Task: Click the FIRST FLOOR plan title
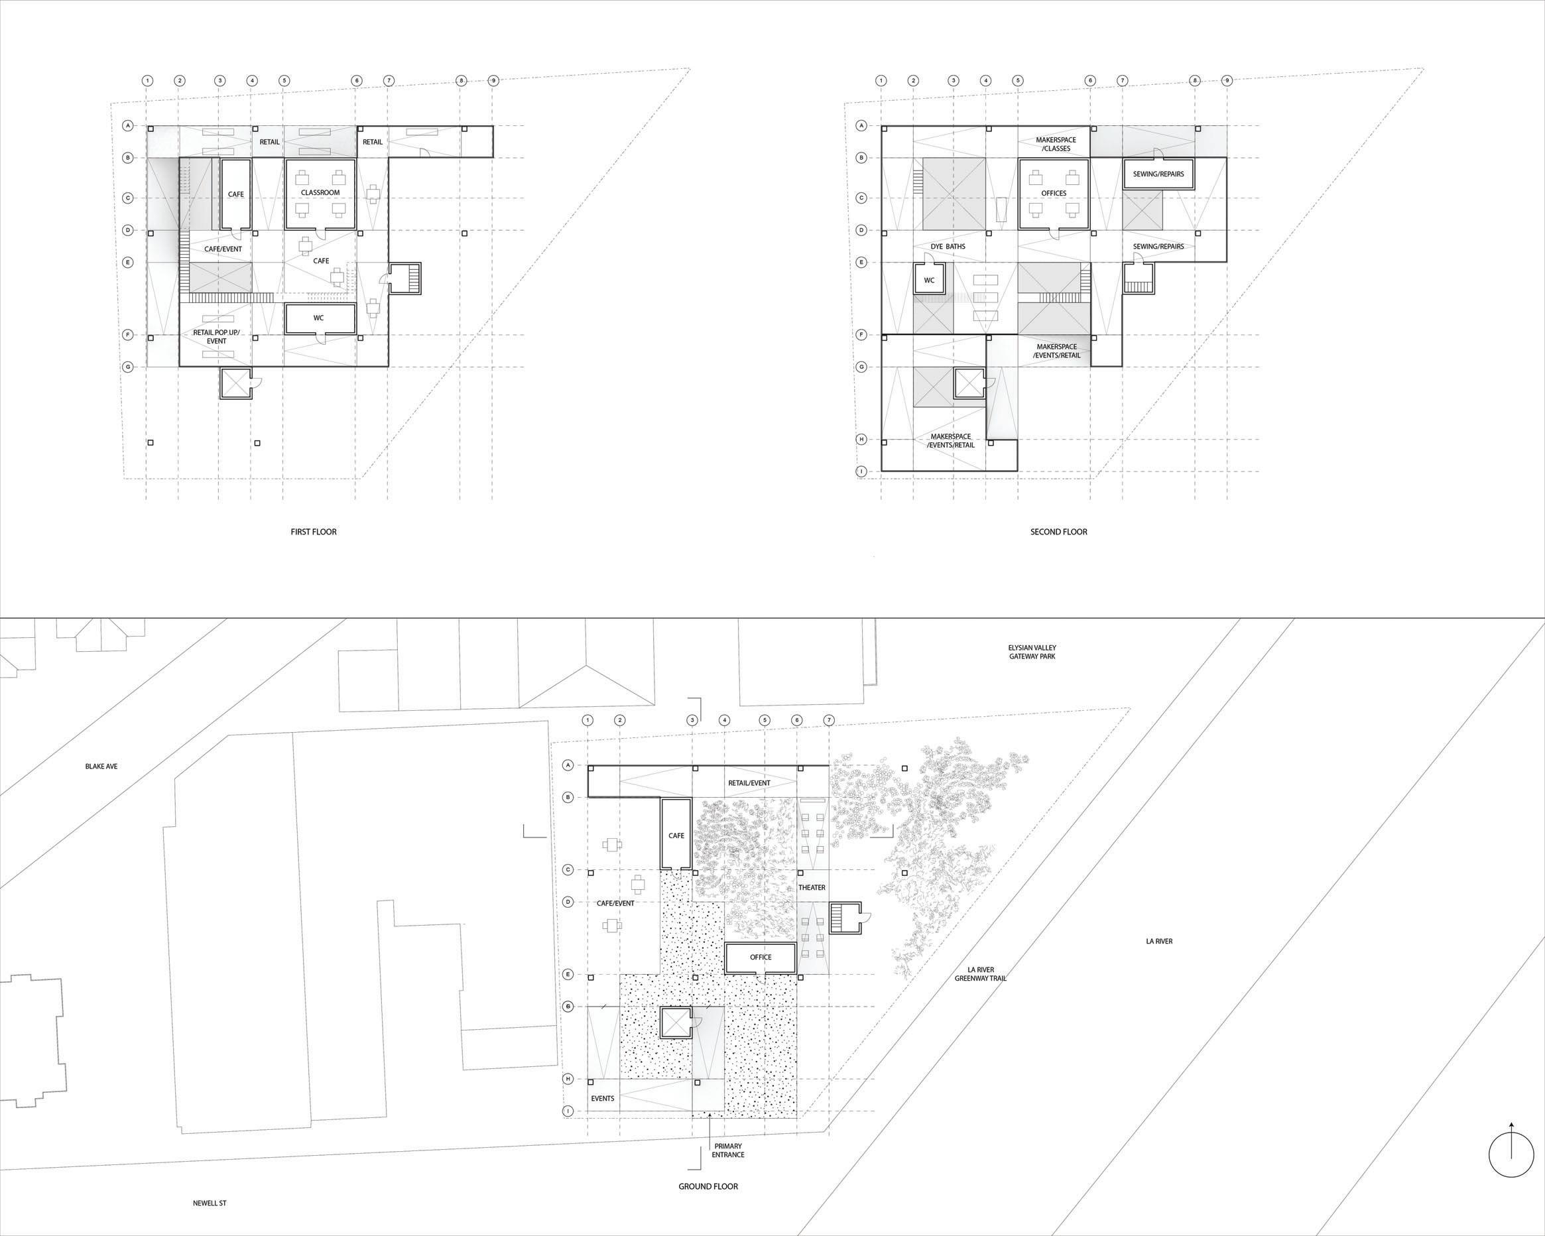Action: point(313,532)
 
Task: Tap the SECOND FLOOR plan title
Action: point(1058,532)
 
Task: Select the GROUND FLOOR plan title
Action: point(708,1186)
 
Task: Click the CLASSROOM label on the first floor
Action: point(320,193)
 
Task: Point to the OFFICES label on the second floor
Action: point(1054,194)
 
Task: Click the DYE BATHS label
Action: point(948,247)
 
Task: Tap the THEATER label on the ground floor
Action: point(812,888)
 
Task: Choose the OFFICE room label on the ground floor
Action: point(761,958)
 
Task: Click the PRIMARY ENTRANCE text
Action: point(728,1150)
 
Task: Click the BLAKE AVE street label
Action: point(101,767)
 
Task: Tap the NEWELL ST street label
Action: point(210,1203)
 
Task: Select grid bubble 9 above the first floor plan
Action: point(493,81)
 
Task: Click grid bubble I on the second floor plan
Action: point(862,471)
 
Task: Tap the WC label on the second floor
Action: point(930,280)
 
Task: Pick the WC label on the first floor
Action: point(319,318)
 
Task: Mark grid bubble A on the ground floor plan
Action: point(568,765)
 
